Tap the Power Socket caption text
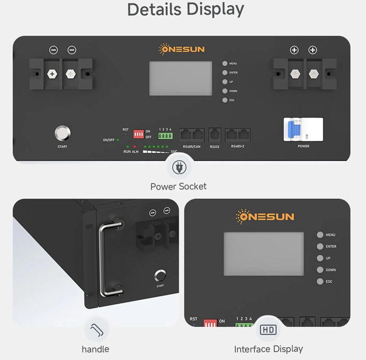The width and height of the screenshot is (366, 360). coord(178,186)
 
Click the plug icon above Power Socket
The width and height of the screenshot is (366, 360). coord(178,167)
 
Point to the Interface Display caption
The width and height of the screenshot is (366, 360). coord(268,349)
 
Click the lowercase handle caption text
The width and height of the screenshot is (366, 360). coord(96,349)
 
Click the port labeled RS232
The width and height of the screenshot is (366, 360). coord(215,135)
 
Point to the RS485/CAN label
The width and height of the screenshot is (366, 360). coord(191,147)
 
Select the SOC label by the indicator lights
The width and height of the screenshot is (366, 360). coord(174,151)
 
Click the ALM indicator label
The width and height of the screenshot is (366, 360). coord(135,151)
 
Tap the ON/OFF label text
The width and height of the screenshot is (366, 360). coord(108,140)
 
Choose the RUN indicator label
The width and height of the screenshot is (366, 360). coord(127,151)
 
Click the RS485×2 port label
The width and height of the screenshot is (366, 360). coord(238,147)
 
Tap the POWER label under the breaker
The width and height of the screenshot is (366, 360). coord(303,146)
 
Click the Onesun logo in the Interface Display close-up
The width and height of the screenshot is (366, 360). coord(265,217)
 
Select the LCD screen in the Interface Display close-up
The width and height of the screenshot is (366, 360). coord(264,254)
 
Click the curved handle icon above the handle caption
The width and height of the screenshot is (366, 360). coord(96,330)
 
